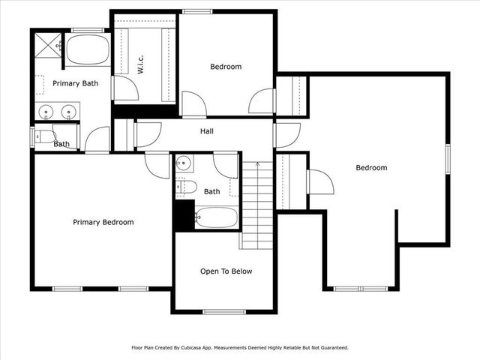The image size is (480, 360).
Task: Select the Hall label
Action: pos(207,131)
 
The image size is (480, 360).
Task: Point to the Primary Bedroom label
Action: pos(103,222)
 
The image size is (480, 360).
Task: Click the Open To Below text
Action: pos(226,271)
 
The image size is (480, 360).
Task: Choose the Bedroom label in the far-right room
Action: pos(371,168)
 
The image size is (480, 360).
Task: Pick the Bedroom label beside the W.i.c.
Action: pos(226,67)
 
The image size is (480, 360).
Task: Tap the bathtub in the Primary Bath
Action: pos(88,51)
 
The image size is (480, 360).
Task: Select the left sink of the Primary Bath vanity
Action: pos(47,112)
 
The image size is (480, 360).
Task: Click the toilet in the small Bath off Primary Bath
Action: pos(45,136)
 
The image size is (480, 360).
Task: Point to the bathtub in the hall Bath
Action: pos(216,218)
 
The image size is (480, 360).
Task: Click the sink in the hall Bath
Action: pos(184,163)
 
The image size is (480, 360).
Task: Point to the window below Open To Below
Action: pos(224,311)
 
